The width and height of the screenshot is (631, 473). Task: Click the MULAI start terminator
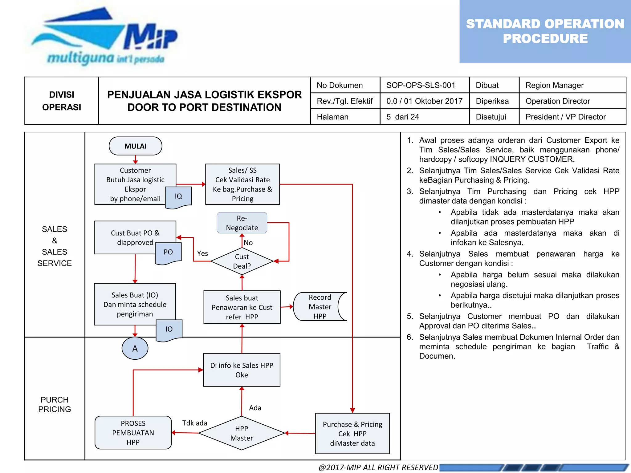click(135, 146)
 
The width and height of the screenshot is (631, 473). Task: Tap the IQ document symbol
click(178, 197)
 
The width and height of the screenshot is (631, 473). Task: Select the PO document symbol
click(168, 253)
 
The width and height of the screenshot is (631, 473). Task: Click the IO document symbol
click(169, 329)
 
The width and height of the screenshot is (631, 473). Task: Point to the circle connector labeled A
click(135, 349)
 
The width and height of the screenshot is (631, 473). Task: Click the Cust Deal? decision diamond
click(242, 261)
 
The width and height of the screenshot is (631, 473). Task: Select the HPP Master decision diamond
click(242, 433)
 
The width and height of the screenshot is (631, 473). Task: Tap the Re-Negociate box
click(242, 223)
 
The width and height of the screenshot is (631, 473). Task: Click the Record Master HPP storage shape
click(320, 307)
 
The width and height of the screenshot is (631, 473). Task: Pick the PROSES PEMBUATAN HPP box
click(133, 433)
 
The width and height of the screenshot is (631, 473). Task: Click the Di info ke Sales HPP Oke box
click(242, 370)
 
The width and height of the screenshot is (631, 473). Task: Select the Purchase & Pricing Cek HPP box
click(352, 434)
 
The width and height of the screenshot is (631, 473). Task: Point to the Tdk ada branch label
click(194, 423)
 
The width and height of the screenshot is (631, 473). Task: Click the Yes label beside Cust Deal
click(202, 253)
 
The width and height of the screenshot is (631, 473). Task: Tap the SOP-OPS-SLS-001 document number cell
click(421, 85)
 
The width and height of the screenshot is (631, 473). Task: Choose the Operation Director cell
click(557, 101)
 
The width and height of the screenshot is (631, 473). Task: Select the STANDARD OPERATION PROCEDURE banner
click(545, 31)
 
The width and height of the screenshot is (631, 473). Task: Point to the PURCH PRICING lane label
click(55, 404)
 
